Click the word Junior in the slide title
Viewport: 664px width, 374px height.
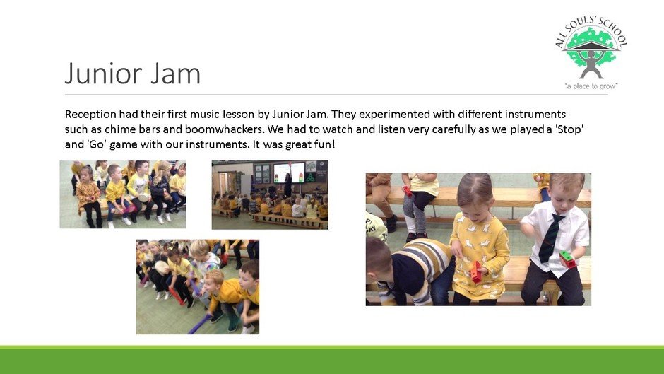103,74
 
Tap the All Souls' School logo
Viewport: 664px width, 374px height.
591,54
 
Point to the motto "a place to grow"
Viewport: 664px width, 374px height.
591,86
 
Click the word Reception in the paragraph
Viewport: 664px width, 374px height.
90,115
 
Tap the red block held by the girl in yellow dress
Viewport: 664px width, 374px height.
476,271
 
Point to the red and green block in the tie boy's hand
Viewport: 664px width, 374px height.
567,259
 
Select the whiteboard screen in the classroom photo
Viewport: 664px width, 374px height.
289,173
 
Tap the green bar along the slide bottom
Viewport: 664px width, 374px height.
332,360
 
